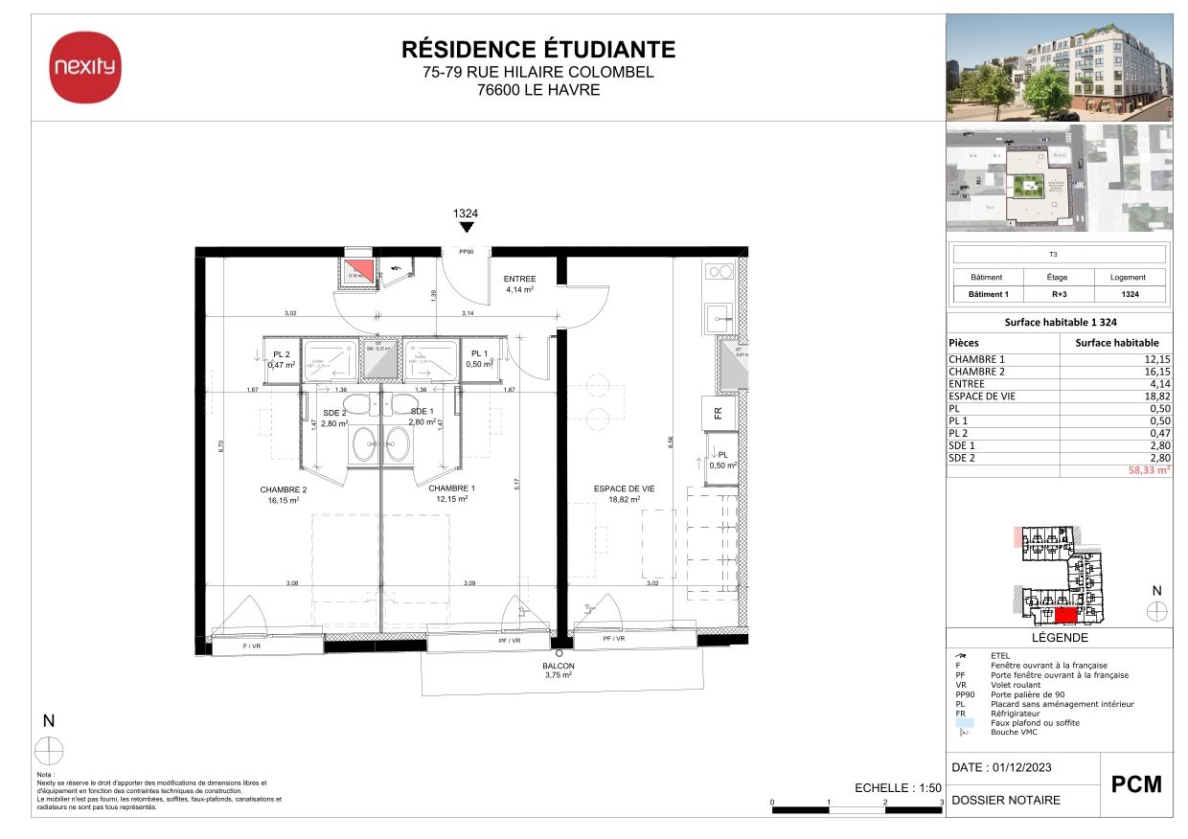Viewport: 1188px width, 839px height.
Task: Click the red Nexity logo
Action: pos(85,67)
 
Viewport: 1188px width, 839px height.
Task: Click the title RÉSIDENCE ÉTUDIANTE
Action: pos(537,50)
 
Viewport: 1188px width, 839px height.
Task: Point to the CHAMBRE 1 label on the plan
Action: pos(452,488)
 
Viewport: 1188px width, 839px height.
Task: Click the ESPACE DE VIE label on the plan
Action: pos(623,488)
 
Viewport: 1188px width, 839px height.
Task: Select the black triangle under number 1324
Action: pos(466,228)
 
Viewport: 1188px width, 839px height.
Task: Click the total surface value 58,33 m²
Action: pos(1150,471)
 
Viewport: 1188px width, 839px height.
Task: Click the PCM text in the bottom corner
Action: pos(1135,784)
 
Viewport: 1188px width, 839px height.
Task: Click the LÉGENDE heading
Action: pos(1059,638)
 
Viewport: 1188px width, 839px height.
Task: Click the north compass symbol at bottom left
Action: pos(49,750)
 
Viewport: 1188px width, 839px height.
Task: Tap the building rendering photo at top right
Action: pos(1059,67)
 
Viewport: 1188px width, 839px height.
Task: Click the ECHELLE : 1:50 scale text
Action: pos(898,787)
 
